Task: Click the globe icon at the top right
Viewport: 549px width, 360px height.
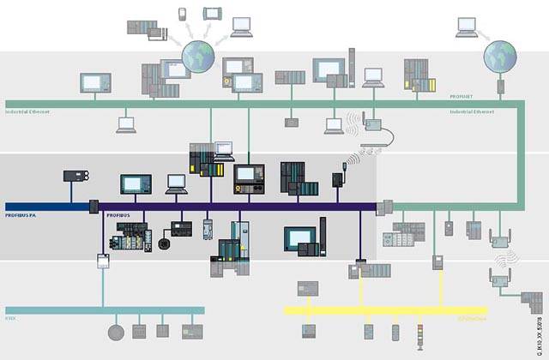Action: tap(500, 58)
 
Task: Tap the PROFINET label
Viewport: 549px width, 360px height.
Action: tap(462, 98)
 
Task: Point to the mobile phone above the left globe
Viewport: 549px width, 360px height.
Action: tap(183, 14)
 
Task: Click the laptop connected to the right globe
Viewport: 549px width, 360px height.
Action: tap(468, 29)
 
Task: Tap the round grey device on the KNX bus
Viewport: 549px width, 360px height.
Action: tap(115, 333)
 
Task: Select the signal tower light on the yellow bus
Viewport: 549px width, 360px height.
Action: tap(419, 333)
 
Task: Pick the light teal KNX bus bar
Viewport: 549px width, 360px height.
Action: tap(103, 310)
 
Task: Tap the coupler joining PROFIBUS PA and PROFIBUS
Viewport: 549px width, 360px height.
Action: tap(94, 207)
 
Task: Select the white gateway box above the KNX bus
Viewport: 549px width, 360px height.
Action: tap(103, 260)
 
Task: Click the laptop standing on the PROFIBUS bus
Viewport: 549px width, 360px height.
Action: tap(176, 183)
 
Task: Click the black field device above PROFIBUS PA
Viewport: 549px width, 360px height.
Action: tap(72, 177)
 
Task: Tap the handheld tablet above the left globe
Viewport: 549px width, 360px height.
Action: tap(211, 14)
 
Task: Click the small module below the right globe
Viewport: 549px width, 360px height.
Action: tap(500, 87)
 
